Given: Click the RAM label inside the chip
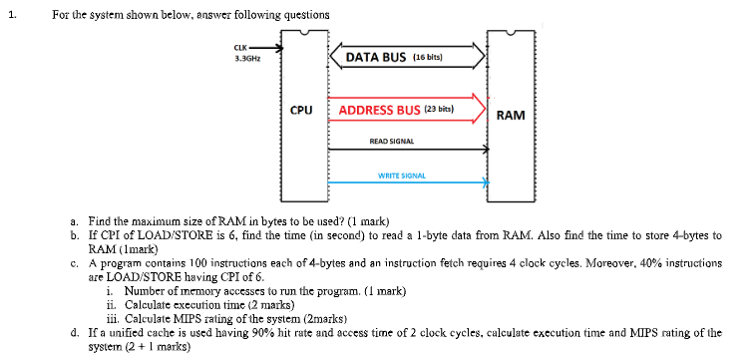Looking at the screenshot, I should [510, 116].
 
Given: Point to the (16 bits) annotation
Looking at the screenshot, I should [426, 58].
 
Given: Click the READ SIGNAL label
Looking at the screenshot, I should [392, 142].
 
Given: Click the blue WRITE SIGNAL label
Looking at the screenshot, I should [401, 176].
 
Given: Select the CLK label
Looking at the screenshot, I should [239, 48].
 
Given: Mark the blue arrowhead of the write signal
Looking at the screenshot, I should [487, 182].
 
